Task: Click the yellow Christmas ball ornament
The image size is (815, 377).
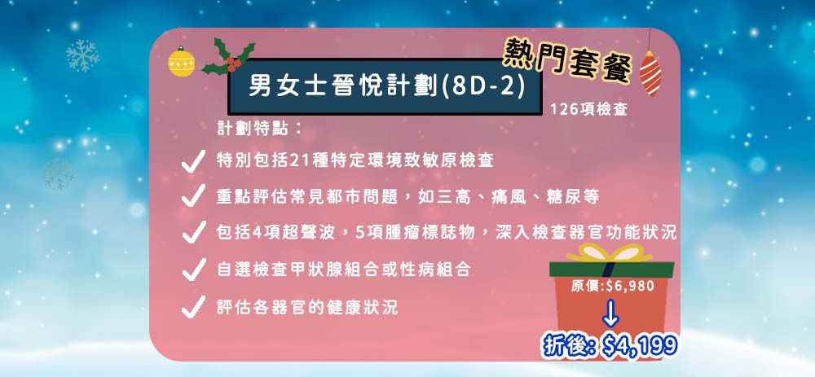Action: click(182, 62)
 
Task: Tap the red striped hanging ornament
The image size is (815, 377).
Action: click(650, 73)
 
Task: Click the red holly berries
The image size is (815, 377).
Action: click(234, 64)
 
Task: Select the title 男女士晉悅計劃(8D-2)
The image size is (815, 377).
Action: click(385, 87)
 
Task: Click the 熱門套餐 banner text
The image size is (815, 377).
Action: click(567, 61)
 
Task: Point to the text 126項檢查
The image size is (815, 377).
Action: click(588, 110)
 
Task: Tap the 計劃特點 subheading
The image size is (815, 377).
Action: click(260, 129)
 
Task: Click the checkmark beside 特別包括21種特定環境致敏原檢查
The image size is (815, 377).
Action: click(193, 161)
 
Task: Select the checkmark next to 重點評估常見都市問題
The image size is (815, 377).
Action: click(193, 196)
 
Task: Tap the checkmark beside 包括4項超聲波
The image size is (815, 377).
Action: click(193, 232)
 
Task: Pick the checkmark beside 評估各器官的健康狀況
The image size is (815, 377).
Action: click(193, 306)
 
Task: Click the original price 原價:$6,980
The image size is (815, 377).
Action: click(612, 286)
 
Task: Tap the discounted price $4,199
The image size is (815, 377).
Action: click(639, 345)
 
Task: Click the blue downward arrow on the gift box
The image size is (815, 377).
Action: click(611, 312)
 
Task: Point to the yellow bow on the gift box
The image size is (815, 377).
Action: click(608, 253)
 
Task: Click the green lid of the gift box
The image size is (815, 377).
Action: click(611, 269)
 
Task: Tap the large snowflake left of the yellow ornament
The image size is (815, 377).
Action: click(82, 55)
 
